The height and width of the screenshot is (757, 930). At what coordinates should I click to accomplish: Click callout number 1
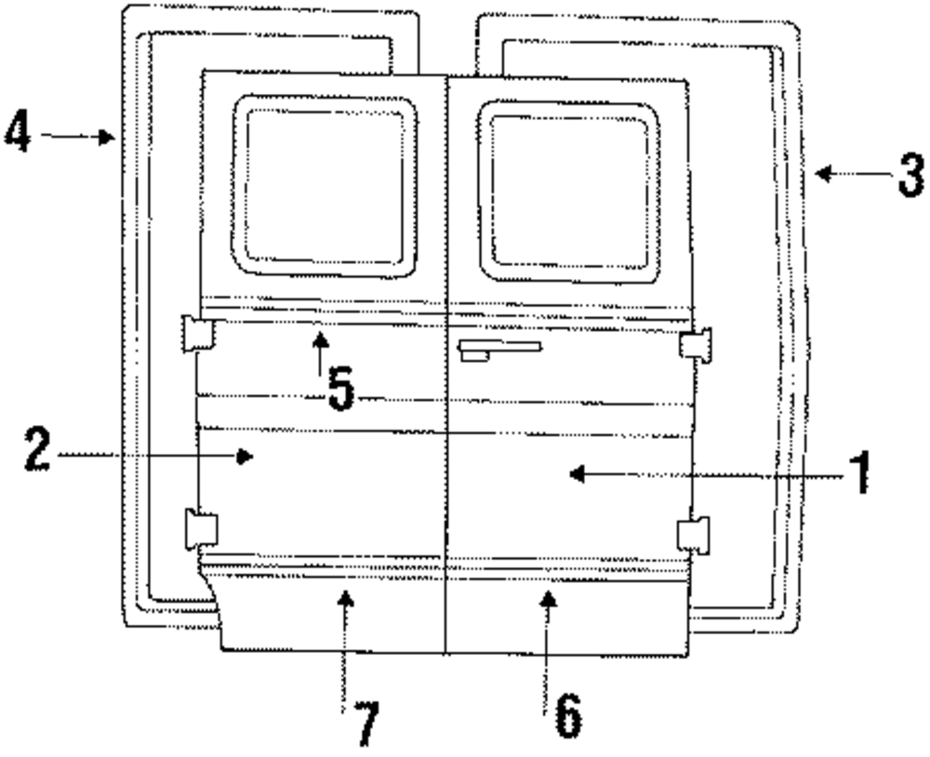(x=861, y=473)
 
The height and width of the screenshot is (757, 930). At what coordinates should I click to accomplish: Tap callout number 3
(x=910, y=174)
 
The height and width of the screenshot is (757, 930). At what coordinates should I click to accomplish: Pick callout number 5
(x=340, y=390)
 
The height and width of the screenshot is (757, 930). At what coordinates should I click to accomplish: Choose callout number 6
(x=567, y=715)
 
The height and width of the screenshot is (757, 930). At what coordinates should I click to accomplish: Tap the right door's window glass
(x=569, y=191)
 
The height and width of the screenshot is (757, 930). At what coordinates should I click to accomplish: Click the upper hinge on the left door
(x=196, y=333)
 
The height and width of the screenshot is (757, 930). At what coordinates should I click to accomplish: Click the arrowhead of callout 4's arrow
(x=109, y=137)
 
